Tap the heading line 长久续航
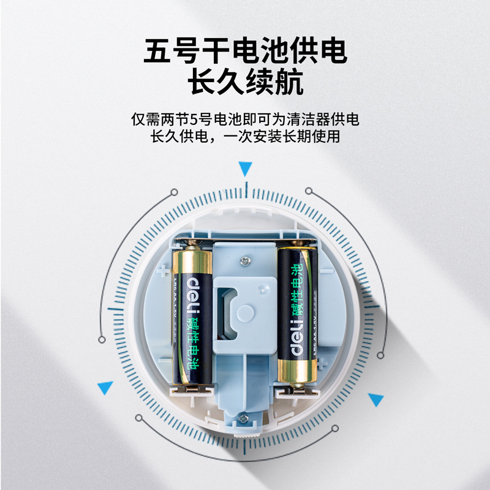click(245, 83)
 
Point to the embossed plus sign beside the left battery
click(162, 270)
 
